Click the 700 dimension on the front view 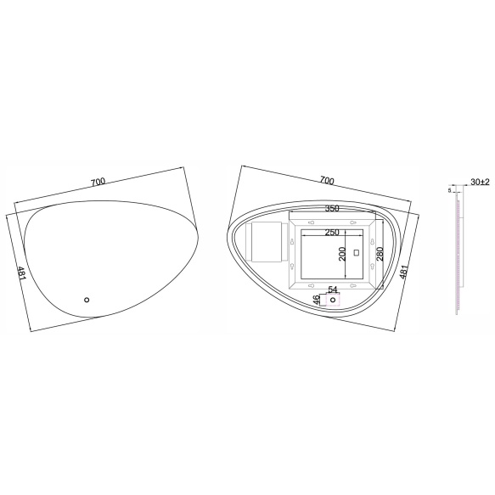(x=98, y=182)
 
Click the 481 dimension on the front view (x=21, y=273)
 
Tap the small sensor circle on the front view (x=87, y=300)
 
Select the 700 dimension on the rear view (x=327, y=180)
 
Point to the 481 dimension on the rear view (x=404, y=272)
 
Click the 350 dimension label (x=332, y=208)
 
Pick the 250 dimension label (x=332, y=233)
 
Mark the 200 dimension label (x=342, y=254)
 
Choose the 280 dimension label (x=380, y=254)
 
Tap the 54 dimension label (x=333, y=290)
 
